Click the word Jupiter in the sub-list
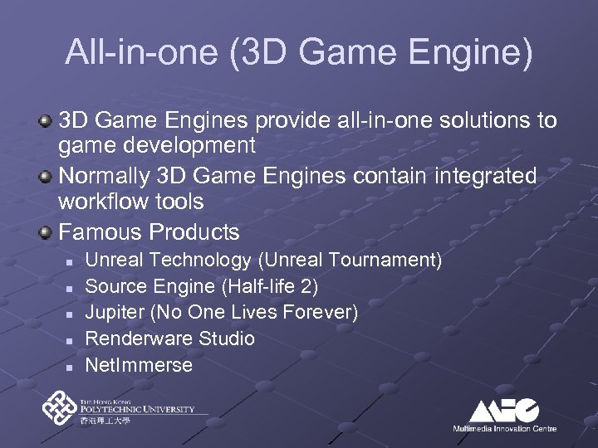coord(113,313)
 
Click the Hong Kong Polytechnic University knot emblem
coord(59,408)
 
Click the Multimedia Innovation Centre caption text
coord(504,428)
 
